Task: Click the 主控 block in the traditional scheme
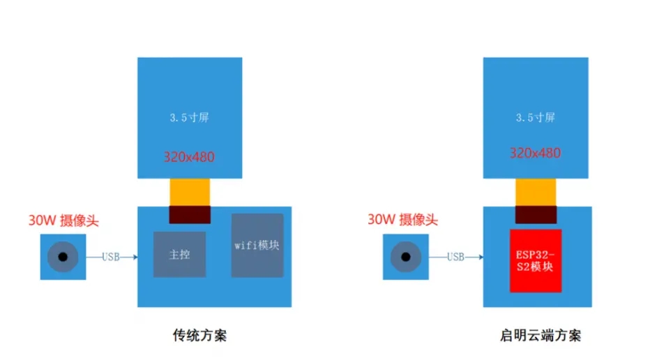point(179,255)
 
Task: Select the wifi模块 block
point(257,246)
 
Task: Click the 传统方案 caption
point(199,336)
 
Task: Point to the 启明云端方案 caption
point(540,336)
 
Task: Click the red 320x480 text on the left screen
point(189,157)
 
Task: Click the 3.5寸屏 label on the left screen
point(189,118)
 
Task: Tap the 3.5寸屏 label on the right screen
point(535,118)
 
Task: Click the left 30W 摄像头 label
point(63,220)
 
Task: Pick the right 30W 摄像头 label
point(402,220)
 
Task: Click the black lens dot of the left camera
point(63,257)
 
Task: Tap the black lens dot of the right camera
point(405,257)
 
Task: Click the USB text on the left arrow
point(111,257)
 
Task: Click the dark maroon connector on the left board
point(189,215)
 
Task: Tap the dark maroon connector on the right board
point(536,215)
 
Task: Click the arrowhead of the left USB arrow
point(135,257)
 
